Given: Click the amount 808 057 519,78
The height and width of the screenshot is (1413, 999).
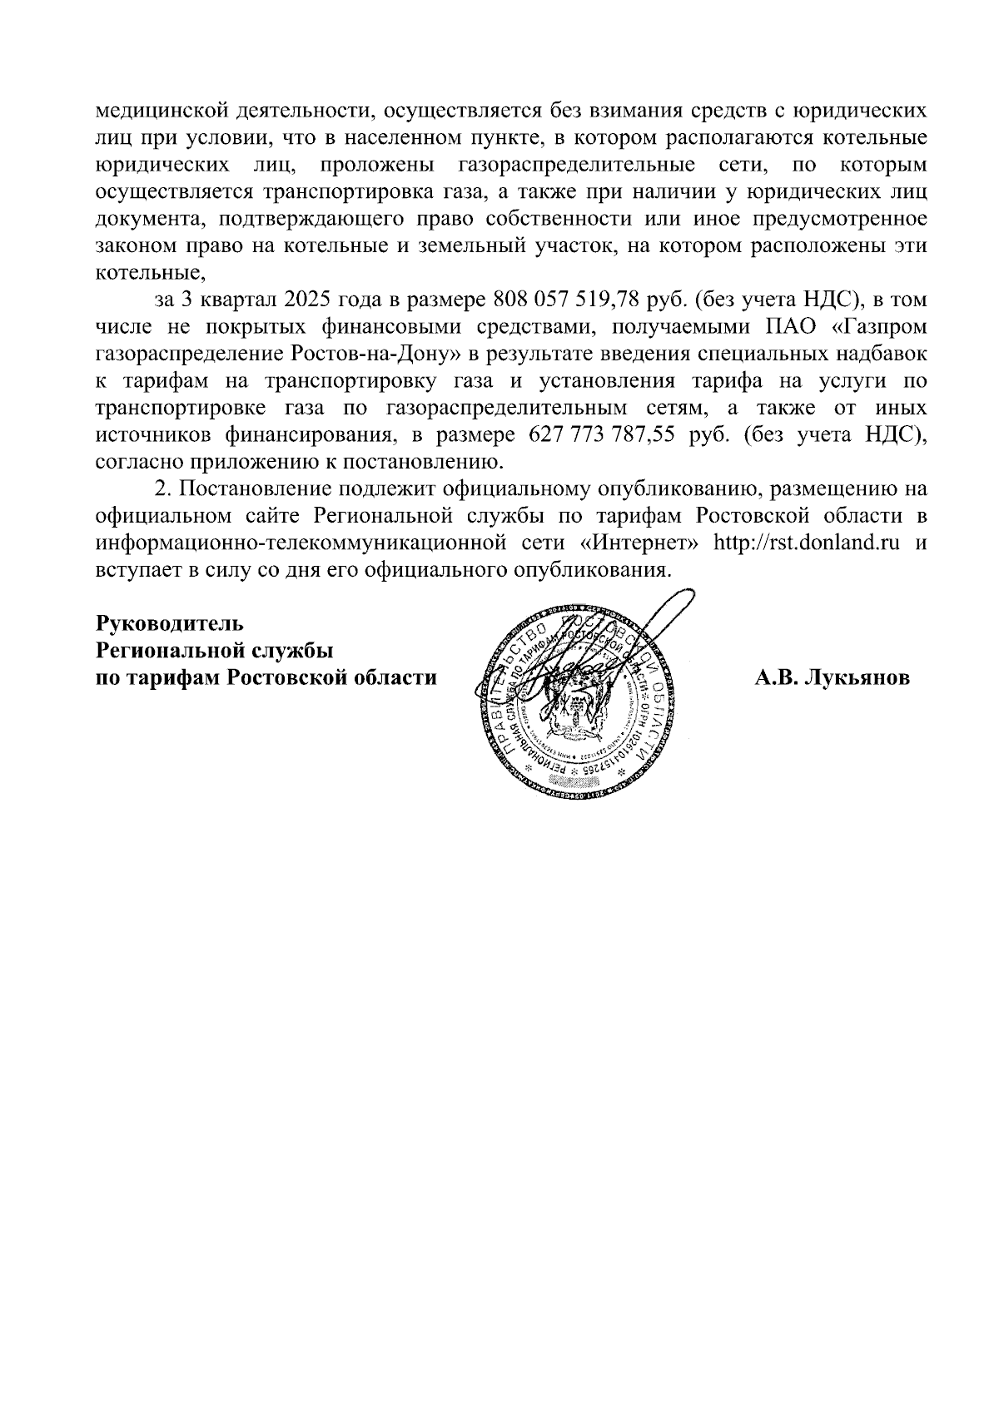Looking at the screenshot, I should (563, 300).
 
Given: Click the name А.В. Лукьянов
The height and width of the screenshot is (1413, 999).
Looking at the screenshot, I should (832, 678).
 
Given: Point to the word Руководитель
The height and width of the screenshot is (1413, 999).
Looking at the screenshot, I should (170, 623).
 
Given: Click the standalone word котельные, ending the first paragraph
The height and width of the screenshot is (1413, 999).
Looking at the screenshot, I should (150, 273).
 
